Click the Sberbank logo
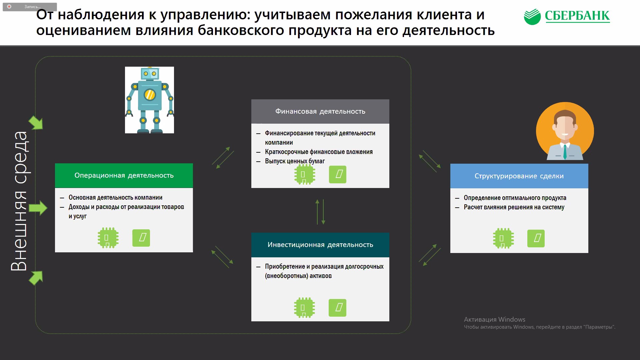coord(567,16)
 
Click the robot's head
coord(150,74)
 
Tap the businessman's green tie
coord(565,152)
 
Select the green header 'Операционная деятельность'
coord(124,175)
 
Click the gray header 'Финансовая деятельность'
coord(320,111)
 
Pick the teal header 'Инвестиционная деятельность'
coord(320,245)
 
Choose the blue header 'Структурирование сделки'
coord(519,176)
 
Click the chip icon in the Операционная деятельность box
coord(108,238)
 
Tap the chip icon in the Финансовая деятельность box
coord(305,174)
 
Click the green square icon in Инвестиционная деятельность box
coord(337,308)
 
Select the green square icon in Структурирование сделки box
coord(536,238)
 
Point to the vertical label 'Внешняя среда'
coord(19,201)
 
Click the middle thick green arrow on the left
coord(38,208)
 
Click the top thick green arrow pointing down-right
coord(36,123)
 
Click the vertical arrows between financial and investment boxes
coord(320,212)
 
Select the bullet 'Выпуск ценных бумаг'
coord(295,161)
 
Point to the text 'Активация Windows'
coord(495,319)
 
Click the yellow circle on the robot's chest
coord(150,95)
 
